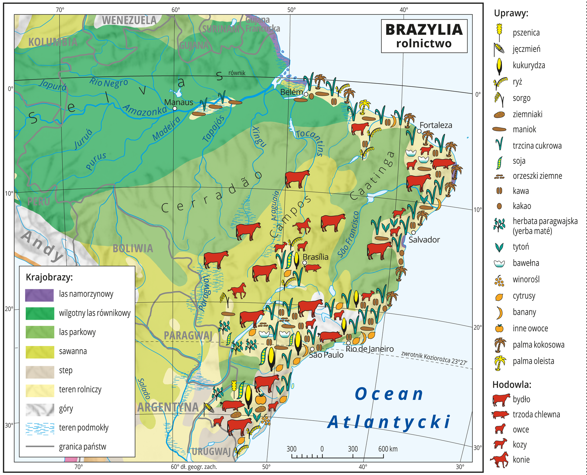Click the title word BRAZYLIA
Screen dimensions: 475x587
point(424,30)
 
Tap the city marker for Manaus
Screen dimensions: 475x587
point(175,108)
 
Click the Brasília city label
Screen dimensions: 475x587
point(316,257)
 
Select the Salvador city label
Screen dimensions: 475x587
point(424,240)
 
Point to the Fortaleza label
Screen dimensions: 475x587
point(436,125)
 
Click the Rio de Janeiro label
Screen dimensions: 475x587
point(370,349)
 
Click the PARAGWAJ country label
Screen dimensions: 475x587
point(188,335)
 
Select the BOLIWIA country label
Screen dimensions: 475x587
point(133,249)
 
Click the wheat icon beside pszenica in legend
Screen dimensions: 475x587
point(499,32)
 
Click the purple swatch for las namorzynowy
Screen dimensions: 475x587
point(39,295)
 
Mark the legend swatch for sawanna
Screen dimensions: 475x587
point(39,352)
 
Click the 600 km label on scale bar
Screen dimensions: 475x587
point(388,449)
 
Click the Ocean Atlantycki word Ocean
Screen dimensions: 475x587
point(389,394)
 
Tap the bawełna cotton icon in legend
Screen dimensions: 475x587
point(499,263)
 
